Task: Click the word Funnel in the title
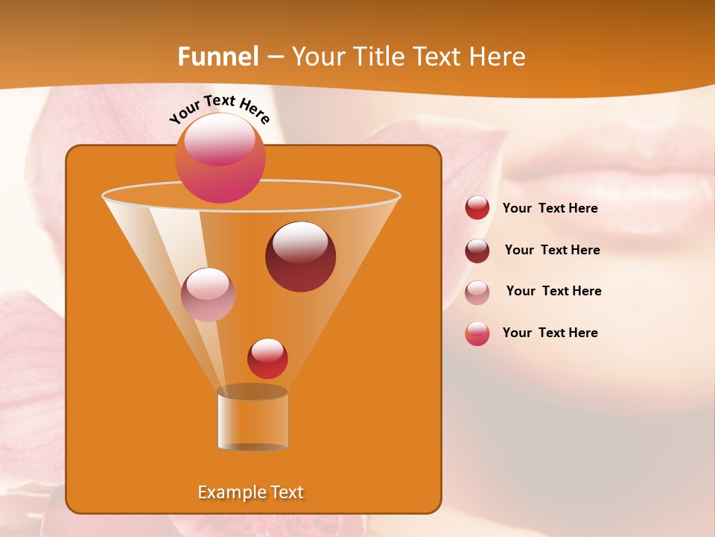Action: pos(218,57)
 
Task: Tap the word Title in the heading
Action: pos(377,57)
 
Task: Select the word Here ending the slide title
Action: pos(498,57)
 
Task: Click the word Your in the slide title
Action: pos(318,57)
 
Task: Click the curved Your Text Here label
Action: pos(220,109)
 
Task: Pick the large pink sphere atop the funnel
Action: pos(220,158)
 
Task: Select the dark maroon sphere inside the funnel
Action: pos(300,257)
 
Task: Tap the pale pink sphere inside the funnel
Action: pos(209,295)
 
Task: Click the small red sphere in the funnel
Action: pos(267,358)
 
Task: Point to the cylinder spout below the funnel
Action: pos(252,419)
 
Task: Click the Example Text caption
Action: pos(251,492)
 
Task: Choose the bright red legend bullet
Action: pos(477,208)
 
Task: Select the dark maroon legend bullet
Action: pos(477,251)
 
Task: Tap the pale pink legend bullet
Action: pos(477,292)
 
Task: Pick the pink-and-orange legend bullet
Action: pos(477,333)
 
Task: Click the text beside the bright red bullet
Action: pos(550,209)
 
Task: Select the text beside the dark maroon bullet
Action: pos(553,251)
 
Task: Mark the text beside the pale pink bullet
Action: pos(554,292)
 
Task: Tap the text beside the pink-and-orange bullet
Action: pos(550,333)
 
